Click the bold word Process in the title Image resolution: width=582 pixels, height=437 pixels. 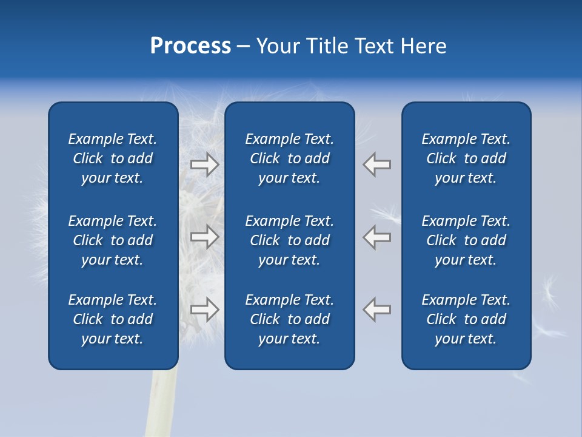click(190, 46)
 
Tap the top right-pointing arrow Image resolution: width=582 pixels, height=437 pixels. click(205, 164)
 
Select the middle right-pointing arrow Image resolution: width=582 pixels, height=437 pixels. click(205, 237)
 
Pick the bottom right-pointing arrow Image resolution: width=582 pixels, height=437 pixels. click(205, 310)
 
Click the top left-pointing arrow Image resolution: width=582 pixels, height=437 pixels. click(377, 164)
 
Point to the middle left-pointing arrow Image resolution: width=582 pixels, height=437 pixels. click(377, 237)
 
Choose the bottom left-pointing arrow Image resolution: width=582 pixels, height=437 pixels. click(377, 310)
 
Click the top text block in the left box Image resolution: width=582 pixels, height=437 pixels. click(113, 158)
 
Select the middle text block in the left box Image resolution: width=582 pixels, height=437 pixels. click(113, 240)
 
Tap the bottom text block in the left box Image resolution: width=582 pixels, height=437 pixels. click(113, 319)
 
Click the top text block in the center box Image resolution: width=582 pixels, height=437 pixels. click(289, 158)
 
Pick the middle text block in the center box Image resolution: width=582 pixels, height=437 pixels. click(289, 240)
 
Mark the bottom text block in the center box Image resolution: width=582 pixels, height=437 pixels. click(289, 319)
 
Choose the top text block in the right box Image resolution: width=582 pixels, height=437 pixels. click(466, 158)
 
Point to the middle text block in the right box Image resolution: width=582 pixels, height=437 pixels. click(466, 240)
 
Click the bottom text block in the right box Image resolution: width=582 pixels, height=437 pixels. click(466, 319)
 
